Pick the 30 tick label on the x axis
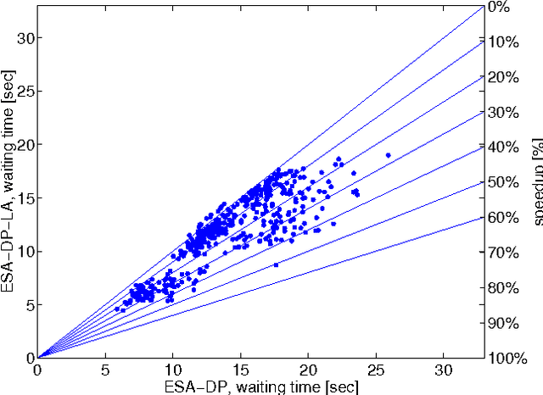coord(443,370)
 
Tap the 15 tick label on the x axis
coord(240,370)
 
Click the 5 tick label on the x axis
coord(105,370)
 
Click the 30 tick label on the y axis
coord(25,38)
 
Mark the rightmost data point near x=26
coord(388,155)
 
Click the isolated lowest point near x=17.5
coord(276,264)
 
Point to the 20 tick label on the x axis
coord(308,370)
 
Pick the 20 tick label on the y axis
coord(25,145)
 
